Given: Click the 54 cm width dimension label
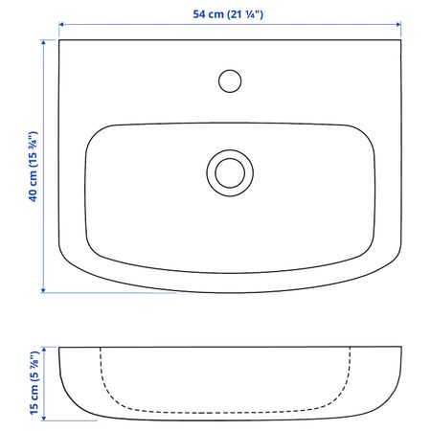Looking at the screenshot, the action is click(x=228, y=14).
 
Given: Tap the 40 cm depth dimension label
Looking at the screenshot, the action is click(x=34, y=167).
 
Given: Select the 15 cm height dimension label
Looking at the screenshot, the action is click(x=34, y=383).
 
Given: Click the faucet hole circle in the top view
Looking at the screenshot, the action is click(x=230, y=70).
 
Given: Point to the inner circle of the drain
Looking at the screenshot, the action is click(x=230, y=159).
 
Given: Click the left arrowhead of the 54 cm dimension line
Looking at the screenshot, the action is click(x=61, y=25).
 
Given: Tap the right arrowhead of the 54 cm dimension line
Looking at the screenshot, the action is click(x=398, y=25).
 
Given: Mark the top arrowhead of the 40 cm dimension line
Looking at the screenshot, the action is click(x=43, y=42).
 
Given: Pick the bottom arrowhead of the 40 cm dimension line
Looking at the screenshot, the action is click(x=43, y=290).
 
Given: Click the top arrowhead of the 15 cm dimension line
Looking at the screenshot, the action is click(x=44, y=350).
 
